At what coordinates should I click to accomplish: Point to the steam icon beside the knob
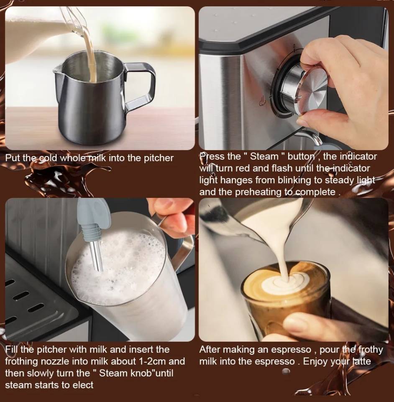point(262,102)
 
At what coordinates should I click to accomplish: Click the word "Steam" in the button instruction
point(264,156)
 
